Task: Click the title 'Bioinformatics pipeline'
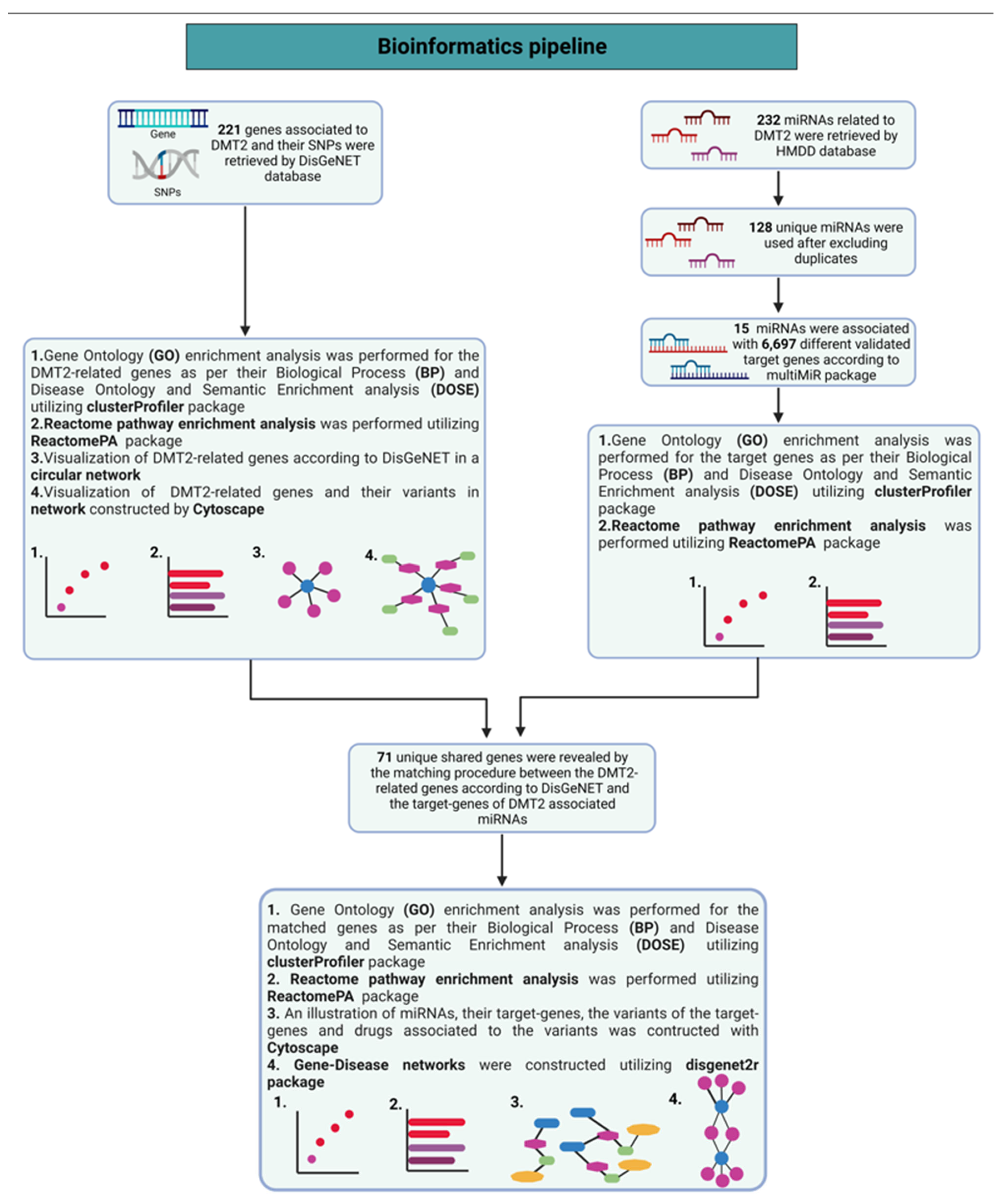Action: point(491,46)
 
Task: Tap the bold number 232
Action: point(768,120)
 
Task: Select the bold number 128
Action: point(760,227)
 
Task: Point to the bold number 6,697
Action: point(778,344)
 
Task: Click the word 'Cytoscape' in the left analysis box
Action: point(228,509)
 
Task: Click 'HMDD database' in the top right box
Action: point(825,151)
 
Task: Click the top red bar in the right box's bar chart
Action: point(854,603)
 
